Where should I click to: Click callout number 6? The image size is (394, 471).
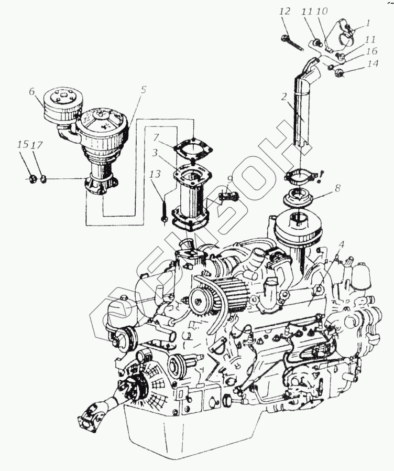[x=32, y=91]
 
